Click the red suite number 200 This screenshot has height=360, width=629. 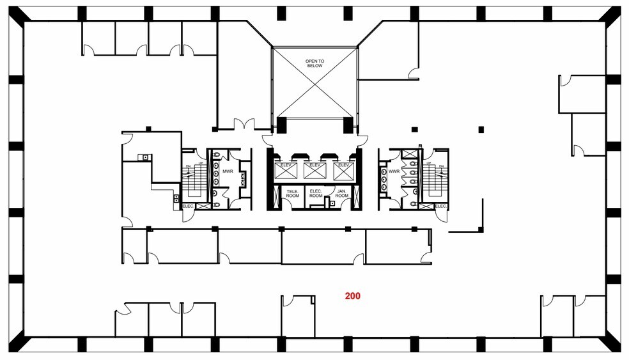(352, 296)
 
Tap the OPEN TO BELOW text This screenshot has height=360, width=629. (314, 63)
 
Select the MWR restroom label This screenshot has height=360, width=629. (228, 171)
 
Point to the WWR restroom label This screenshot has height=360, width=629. (394, 171)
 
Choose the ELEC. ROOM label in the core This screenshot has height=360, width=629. (314, 194)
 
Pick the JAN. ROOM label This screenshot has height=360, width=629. (341, 194)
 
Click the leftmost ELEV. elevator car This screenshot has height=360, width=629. (284, 170)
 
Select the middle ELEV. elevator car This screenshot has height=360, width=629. (314, 170)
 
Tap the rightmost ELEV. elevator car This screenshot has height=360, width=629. (343, 170)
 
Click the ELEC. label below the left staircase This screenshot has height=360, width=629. (188, 206)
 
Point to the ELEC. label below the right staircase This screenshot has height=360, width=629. (441, 206)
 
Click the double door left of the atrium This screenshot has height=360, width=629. (244, 124)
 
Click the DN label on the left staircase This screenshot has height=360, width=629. (188, 166)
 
